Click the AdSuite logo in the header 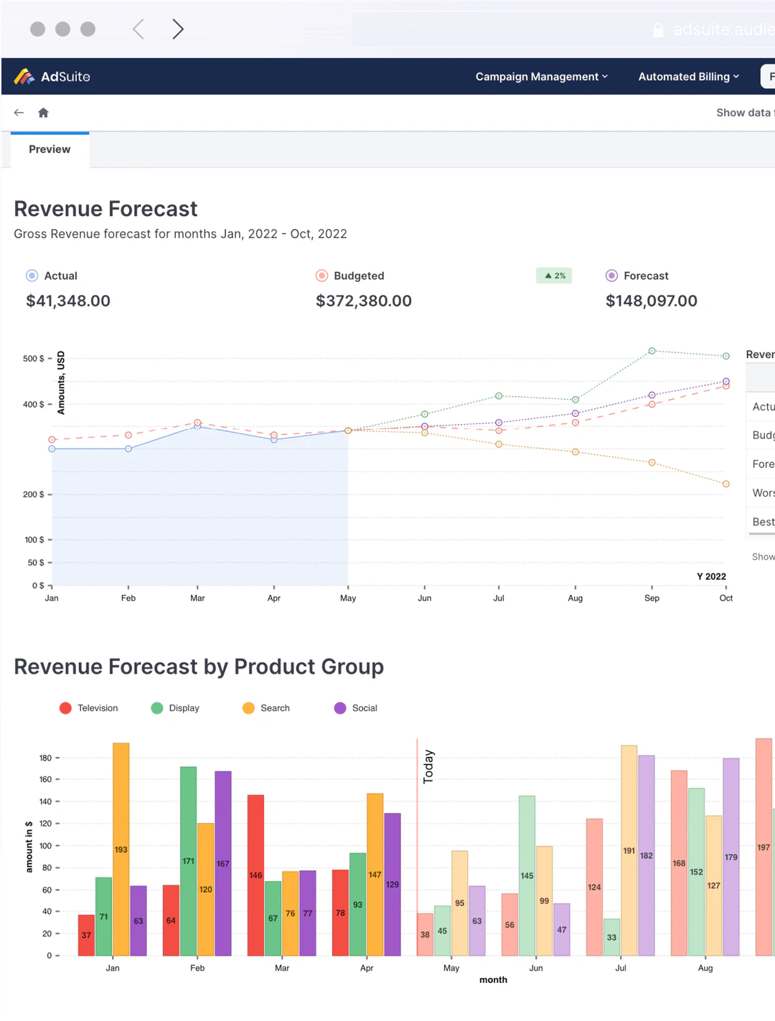tap(52, 77)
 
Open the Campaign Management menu tap(541, 77)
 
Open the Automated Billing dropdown tap(688, 77)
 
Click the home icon tap(43, 113)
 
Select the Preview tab tap(50, 149)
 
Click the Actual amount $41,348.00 tap(68, 301)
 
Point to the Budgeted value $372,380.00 tap(364, 301)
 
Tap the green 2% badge tap(554, 276)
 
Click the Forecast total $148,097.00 tap(651, 301)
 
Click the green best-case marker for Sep tap(652, 351)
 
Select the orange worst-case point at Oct tap(725, 484)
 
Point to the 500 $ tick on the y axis tap(34, 358)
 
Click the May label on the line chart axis tap(348, 598)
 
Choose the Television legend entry tap(89, 708)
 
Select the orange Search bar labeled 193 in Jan tap(121, 849)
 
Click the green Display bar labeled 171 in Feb tap(188, 860)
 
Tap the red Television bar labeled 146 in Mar tap(255, 875)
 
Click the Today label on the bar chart tap(428, 766)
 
